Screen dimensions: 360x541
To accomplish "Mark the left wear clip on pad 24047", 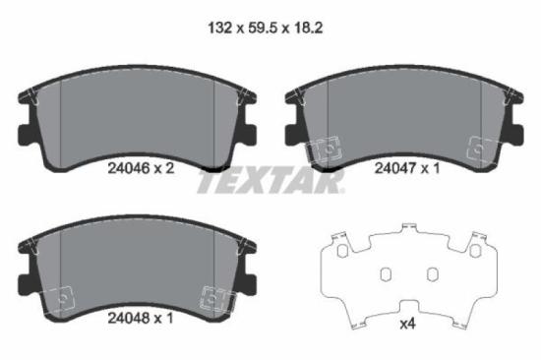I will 320,149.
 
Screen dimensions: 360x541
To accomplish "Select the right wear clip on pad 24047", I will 481,148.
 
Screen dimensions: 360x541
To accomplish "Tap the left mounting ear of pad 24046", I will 25,132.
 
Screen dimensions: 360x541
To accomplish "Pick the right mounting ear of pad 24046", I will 251,132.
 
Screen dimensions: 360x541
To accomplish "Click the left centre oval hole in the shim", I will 388,272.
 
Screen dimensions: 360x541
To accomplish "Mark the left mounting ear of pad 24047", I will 290,132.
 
